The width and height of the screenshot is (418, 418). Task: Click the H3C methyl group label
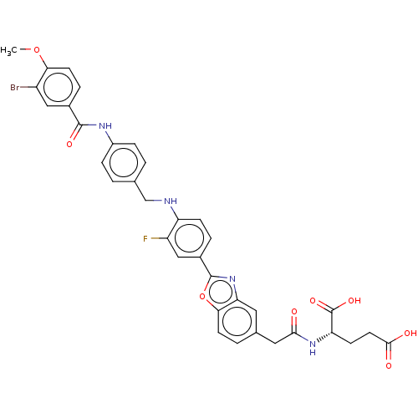coord(8,51)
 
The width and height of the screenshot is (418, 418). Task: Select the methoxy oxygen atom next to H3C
coord(37,50)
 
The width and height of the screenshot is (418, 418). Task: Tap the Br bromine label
coord(15,88)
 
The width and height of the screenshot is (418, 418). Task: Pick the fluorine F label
coord(145,239)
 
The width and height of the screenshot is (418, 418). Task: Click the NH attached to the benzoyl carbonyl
coord(105,126)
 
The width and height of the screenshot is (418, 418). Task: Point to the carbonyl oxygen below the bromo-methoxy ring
coord(69,144)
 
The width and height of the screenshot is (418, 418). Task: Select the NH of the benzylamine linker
coord(171,201)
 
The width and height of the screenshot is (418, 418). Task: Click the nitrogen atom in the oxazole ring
coord(232,278)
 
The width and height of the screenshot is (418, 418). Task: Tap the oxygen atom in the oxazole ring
coord(202,297)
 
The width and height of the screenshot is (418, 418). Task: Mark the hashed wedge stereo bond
coord(324,337)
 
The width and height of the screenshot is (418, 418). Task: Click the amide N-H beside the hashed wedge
coord(313,348)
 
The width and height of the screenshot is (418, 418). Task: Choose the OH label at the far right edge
coord(410,334)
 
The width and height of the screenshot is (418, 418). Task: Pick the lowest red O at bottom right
coord(389,365)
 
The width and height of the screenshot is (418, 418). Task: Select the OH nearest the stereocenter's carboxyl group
coord(354,301)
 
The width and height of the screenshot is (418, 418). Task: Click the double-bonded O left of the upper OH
coord(313,301)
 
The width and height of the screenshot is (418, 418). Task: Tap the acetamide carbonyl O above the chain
coord(294,312)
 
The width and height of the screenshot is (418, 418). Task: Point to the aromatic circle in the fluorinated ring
coord(189,224)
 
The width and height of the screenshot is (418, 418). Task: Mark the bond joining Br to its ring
coord(28,87)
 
